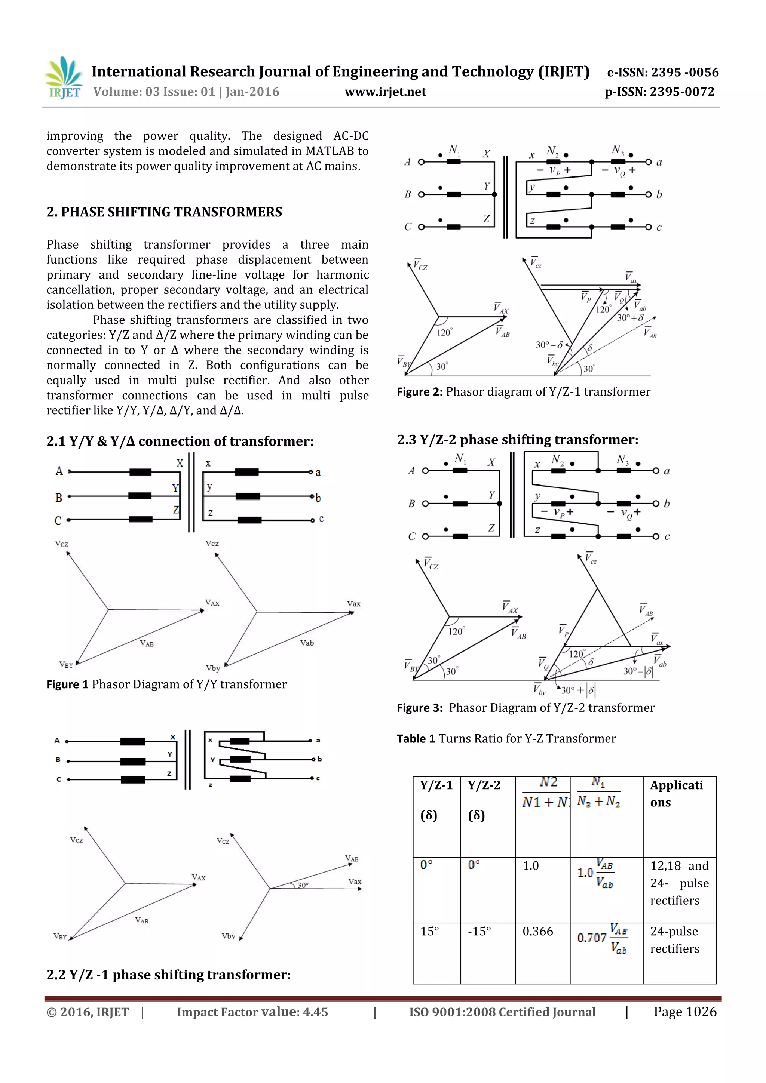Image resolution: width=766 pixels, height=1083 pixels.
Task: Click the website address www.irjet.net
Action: tap(385, 92)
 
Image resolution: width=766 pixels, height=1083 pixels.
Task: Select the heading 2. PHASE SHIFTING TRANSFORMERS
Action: tap(164, 212)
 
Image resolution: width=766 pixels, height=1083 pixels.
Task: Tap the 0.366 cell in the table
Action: tap(537, 932)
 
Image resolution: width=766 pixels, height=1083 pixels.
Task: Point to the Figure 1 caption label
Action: tap(67, 684)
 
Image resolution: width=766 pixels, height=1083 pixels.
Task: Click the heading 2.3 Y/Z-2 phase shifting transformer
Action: tap(517, 440)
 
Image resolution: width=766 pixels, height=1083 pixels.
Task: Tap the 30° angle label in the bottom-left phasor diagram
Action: tap(303, 885)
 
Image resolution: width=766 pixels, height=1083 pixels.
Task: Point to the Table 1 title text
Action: tap(506, 739)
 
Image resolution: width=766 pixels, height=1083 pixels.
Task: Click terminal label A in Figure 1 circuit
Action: tap(59, 471)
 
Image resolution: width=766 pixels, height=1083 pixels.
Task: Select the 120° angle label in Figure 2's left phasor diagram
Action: tap(444, 333)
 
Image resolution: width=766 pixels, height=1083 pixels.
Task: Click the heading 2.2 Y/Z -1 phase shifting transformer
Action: tap(168, 975)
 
